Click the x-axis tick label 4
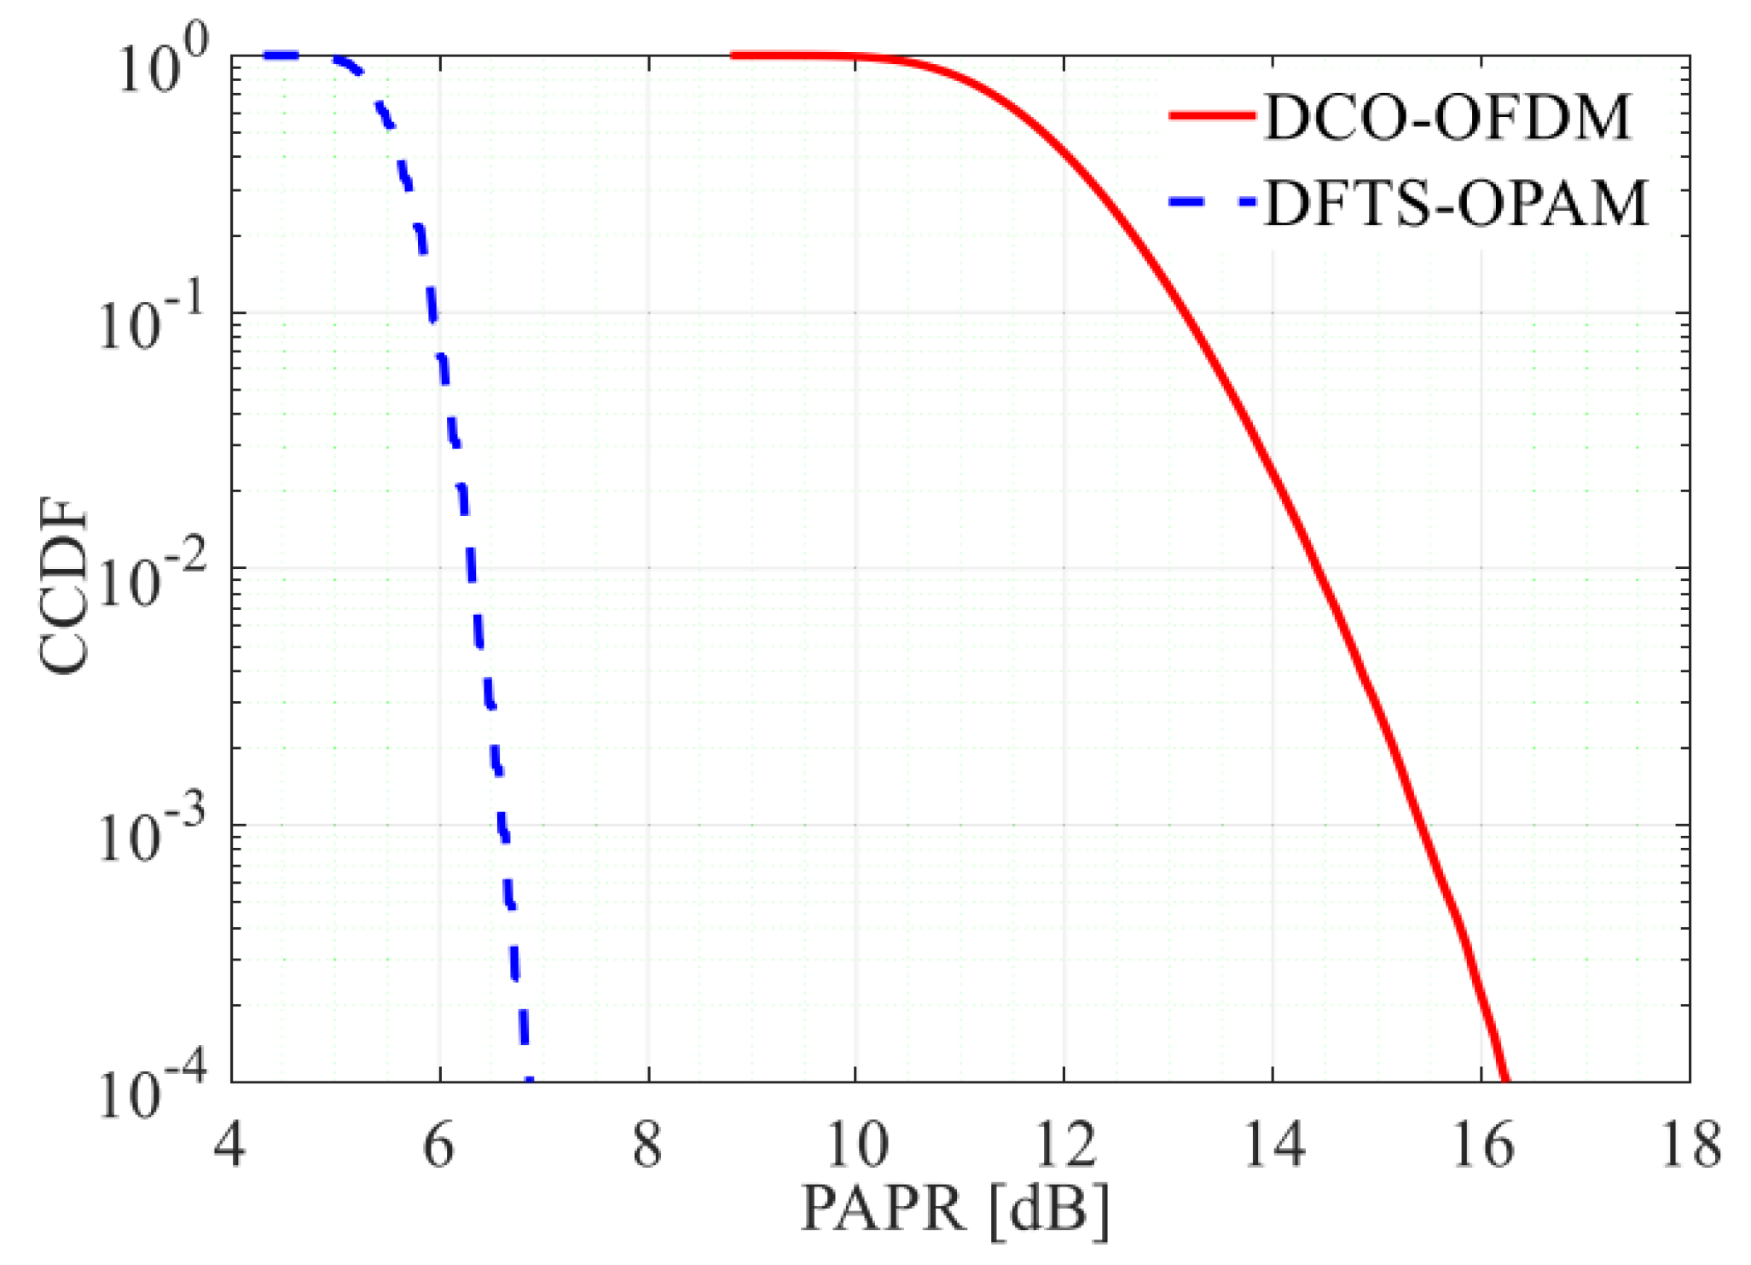point(229,1146)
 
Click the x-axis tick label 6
point(438,1146)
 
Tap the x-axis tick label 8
point(647,1146)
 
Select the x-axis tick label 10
point(857,1146)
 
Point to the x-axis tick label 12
point(1065,1146)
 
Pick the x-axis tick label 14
point(1274,1146)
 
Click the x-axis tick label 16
point(1483,1146)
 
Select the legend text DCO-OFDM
point(1447,117)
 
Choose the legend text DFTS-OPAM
point(1455,205)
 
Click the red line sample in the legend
point(1212,116)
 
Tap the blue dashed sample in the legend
point(1212,203)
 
